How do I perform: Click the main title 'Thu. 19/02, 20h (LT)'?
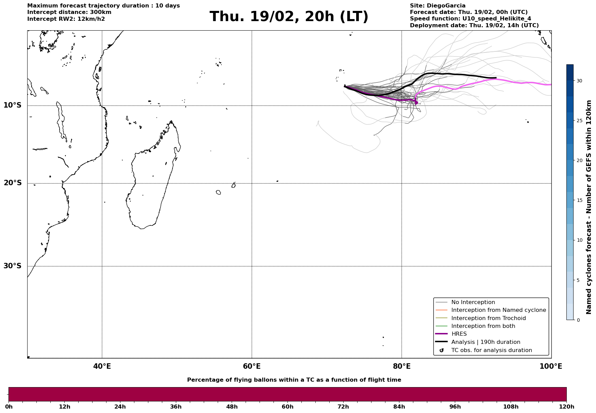tap(289, 17)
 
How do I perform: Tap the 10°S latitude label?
tap(13, 105)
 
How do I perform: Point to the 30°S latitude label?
tap(13, 266)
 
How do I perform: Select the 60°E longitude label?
tap(252, 366)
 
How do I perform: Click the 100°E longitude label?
tap(551, 366)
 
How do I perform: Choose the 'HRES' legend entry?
tap(459, 334)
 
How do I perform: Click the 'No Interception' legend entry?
tap(473, 302)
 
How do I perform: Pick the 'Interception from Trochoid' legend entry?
tap(488, 318)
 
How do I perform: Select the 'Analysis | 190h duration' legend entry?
tap(485, 342)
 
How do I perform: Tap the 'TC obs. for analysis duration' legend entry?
tap(491, 350)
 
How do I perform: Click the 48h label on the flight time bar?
tap(232, 407)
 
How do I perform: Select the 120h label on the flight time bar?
tap(566, 407)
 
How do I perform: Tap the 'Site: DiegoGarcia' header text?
tap(437, 6)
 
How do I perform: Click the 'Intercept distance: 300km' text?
tap(69, 12)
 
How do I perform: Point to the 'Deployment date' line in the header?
tap(474, 26)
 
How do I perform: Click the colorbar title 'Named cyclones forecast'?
tap(589, 207)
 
